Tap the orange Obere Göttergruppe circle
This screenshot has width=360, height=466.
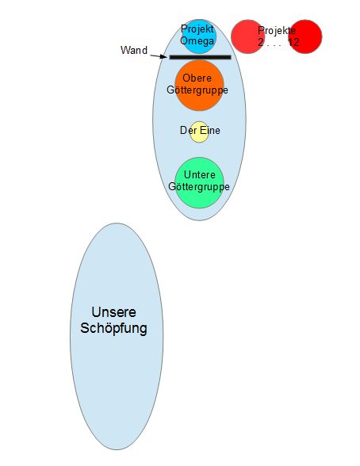pyautogui.click(x=199, y=86)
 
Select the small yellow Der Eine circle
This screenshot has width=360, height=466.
pyautogui.click(x=199, y=132)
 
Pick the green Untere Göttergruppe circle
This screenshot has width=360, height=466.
pyautogui.click(x=199, y=183)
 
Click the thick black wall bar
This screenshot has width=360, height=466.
pyautogui.click(x=200, y=57)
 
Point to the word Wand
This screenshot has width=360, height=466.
pyautogui.click(x=134, y=50)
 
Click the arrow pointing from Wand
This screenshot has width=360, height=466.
pyautogui.click(x=158, y=55)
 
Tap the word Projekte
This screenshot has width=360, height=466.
pyautogui.click(x=277, y=31)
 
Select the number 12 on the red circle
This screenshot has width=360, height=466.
pyautogui.click(x=293, y=42)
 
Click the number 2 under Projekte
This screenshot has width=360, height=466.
pyautogui.click(x=260, y=42)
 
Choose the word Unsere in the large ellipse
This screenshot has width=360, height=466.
pyautogui.click(x=114, y=312)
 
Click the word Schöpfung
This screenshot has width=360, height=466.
pyautogui.click(x=113, y=329)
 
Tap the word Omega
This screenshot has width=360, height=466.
pyautogui.click(x=197, y=40)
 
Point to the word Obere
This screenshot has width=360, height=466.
pyautogui.click(x=197, y=78)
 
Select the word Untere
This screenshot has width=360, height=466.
pyautogui.click(x=200, y=174)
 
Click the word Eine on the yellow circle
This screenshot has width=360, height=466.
pyautogui.click(x=210, y=130)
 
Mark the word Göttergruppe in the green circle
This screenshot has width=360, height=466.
pyautogui.click(x=199, y=187)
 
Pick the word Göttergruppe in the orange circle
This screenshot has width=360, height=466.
pyautogui.click(x=197, y=90)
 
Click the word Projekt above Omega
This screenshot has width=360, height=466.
pyautogui.click(x=197, y=29)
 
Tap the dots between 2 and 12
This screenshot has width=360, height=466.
pyautogui.click(x=274, y=45)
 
